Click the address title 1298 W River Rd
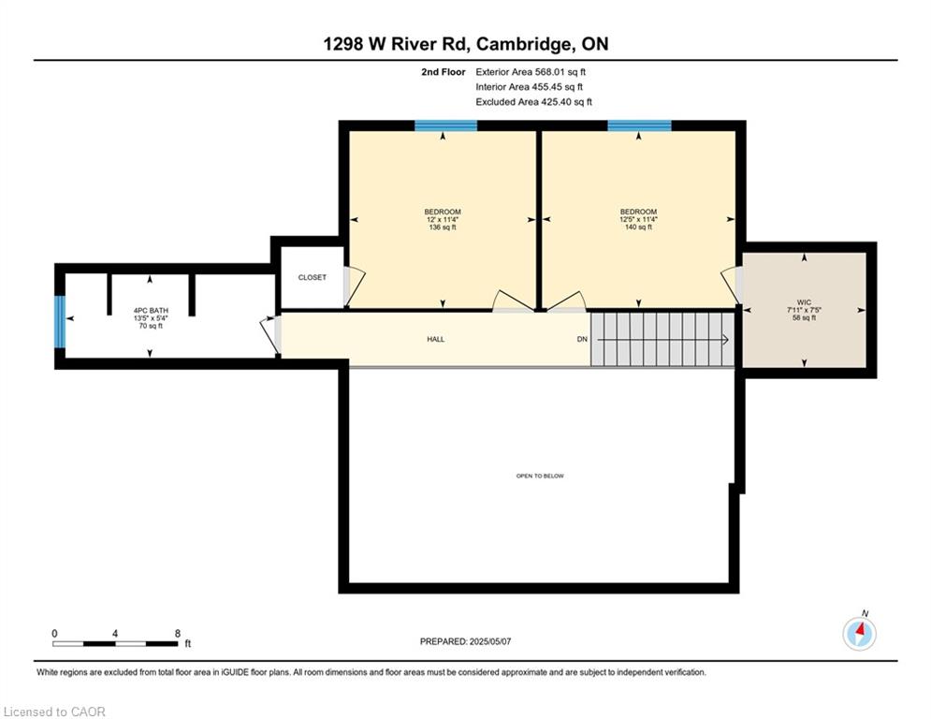[x=465, y=44]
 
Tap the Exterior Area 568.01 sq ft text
[x=531, y=71]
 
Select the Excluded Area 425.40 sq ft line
[x=533, y=102]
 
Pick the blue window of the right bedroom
[x=639, y=125]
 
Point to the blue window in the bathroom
[x=60, y=320]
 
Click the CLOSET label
[x=313, y=277]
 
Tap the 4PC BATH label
[x=149, y=310]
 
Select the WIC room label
[x=804, y=302]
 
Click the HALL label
[x=435, y=339]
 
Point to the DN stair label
[x=581, y=339]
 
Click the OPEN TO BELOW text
[x=540, y=476]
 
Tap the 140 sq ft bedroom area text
[x=638, y=227]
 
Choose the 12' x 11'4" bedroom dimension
[x=442, y=219]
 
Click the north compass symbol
[x=859, y=634]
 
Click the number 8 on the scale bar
[x=177, y=634]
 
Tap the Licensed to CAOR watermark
[x=55, y=712]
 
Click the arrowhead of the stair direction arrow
[x=725, y=340]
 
